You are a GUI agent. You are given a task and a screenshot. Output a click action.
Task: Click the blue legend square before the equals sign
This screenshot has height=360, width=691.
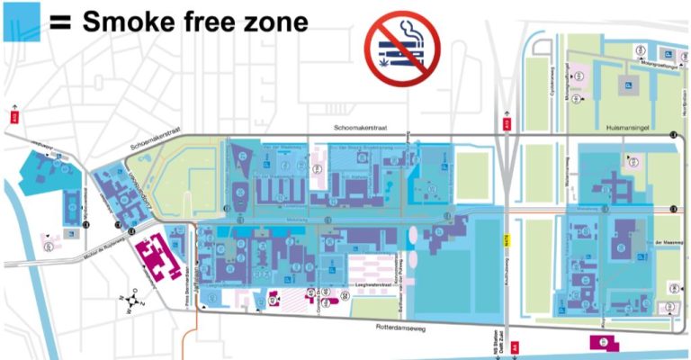[x=20, y=21]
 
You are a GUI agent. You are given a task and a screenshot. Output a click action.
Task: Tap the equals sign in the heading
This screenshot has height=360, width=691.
[x=59, y=22]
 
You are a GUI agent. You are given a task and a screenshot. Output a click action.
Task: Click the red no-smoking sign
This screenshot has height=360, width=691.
[x=401, y=46]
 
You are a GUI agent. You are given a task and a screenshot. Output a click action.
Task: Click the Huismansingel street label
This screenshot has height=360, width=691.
[x=626, y=130]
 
